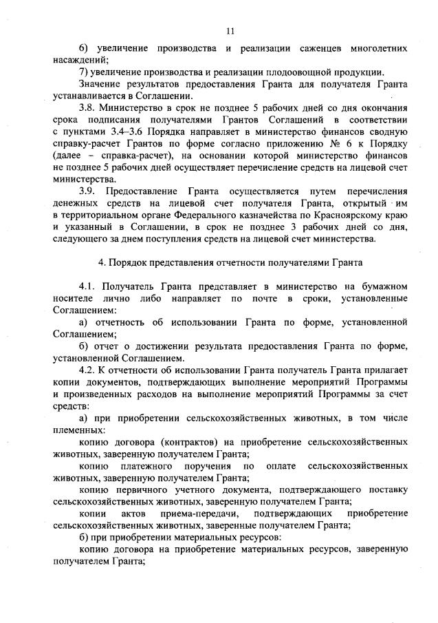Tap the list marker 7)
pyautogui.click(x=84, y=72)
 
